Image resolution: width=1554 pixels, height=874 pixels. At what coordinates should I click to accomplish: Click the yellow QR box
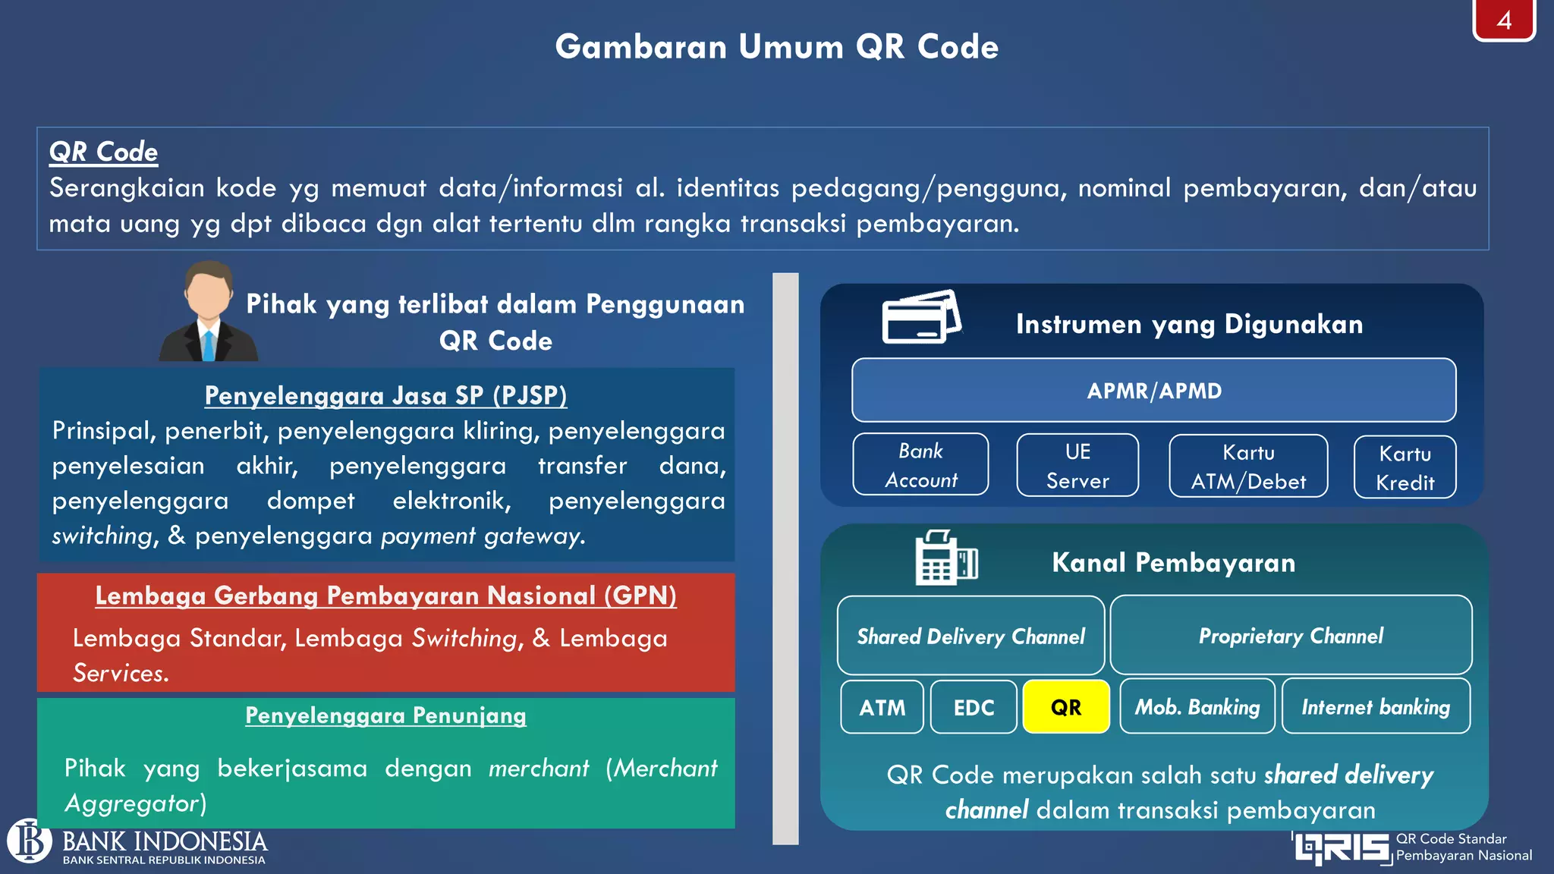1065,707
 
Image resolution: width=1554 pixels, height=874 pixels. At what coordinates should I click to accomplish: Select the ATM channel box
882,707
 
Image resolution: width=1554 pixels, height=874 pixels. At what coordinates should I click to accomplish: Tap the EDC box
974,707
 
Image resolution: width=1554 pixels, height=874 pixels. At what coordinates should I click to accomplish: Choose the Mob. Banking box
1197,707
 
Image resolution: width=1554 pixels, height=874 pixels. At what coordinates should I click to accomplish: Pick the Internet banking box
1376,707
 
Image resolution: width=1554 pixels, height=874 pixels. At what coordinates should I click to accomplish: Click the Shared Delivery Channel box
970,636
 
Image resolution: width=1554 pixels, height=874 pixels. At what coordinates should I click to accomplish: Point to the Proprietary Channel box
1291,636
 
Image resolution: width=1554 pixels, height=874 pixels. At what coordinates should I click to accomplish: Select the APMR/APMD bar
1153,391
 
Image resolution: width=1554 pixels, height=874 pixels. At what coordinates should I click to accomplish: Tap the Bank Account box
920,465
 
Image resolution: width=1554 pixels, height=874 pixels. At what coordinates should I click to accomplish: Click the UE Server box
1077,466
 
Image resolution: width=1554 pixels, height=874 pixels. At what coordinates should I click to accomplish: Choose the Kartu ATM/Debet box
1248,467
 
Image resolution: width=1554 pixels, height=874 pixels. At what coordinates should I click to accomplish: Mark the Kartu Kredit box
1405,467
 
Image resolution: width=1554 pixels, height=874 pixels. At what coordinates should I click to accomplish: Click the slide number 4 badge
1504,20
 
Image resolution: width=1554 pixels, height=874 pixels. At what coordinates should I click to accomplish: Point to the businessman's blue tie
208,344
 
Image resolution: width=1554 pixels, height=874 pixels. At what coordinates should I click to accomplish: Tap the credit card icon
921,317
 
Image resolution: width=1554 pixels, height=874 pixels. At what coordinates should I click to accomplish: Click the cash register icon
945,558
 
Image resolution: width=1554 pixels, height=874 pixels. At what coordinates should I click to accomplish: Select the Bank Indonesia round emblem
30,841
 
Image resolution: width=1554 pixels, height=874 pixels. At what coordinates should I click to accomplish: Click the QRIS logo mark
1342,848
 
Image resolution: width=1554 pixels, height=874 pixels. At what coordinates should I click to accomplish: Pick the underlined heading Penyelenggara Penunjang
385,715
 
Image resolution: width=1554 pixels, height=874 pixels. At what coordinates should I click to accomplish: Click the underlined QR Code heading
103,152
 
